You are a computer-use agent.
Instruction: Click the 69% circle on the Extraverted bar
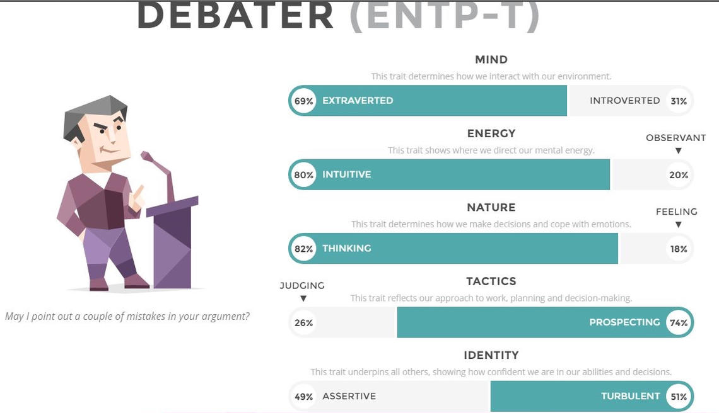(x=303, y=101)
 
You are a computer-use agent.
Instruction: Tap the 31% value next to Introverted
(x=679, y=101)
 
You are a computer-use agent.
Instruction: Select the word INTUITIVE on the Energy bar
(x=347, y=174)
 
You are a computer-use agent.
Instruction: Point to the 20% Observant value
(x=679, y=175)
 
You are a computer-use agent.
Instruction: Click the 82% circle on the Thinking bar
(x=303, y=249)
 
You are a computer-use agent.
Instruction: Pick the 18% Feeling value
(x=679, y=249)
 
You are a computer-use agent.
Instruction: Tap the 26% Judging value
(x=303, y=323)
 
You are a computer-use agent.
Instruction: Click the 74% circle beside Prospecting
(x=679, y=322)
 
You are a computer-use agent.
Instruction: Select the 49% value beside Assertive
(x=303, y=397)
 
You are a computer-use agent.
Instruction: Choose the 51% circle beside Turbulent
(x=679, y=397)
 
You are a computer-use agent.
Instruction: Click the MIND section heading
(x=491, y=60)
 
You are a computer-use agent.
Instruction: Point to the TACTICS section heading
(x=491, y=281)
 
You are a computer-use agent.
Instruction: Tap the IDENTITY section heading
(x=491, y=355)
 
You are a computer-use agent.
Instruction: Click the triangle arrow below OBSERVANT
(x=678, y=150)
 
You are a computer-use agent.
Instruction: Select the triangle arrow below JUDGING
(x=303, y=298)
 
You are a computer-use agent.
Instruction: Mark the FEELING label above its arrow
(x=676, y=212)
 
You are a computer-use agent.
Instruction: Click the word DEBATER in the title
(x=235, y=16)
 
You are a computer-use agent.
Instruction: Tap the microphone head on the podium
(x=148, y=157)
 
